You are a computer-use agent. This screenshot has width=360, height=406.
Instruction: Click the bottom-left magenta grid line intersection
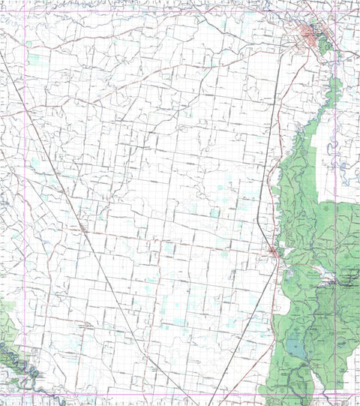click(x=25, y=394)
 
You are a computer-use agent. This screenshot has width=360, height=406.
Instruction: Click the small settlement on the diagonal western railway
click(x=81, y=226)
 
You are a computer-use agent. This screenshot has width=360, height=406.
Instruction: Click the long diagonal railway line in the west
click(x=45, y=150)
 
